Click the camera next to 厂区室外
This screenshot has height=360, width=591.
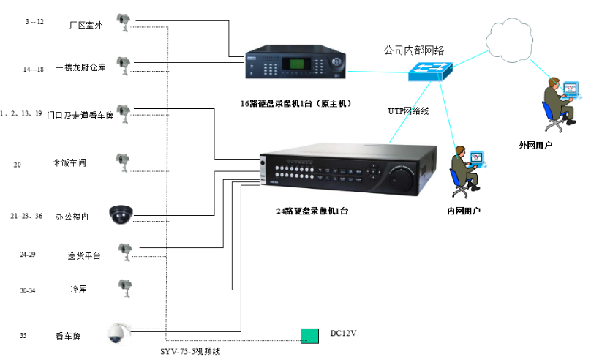pos(124,22)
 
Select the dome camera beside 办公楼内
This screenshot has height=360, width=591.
pos(120,214)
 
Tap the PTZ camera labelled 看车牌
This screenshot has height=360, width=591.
pos(116,332)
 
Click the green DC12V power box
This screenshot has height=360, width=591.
pos(309,336)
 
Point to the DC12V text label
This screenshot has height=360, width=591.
pos(342,334)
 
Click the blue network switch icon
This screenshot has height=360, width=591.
pos(431,69)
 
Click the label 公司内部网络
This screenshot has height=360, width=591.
pos(413,50)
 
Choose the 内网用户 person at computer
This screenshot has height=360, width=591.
pos(465,170)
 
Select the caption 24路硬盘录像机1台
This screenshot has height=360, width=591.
pos(312,211)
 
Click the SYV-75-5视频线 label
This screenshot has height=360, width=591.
pos(190,351)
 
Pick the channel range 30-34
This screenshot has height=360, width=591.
pos(28,290)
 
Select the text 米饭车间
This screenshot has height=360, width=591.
pos(69,162)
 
